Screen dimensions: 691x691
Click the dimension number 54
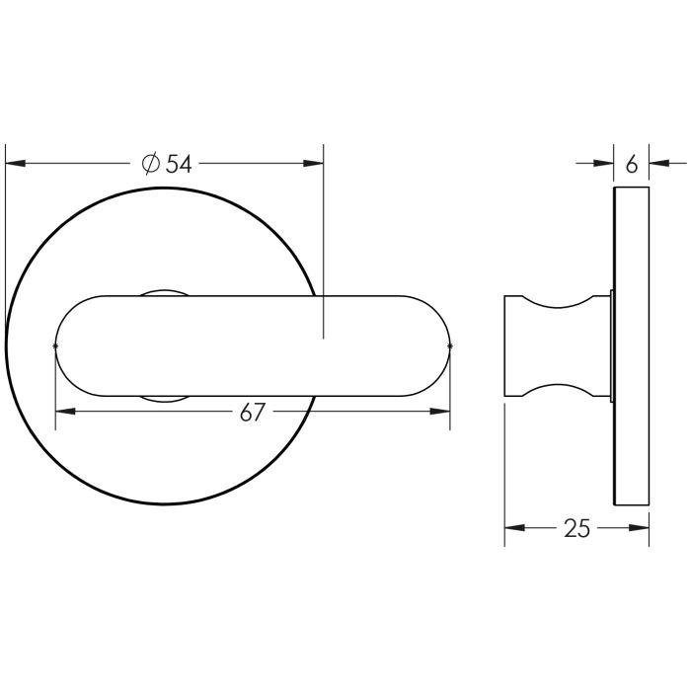[179, 164]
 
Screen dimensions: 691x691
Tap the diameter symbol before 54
[151, 164]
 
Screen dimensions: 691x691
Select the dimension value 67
[253, 413]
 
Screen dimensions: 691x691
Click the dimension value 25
[577, 529]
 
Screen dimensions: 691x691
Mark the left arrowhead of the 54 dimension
[15, 164]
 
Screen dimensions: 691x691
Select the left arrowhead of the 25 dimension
[514, 529]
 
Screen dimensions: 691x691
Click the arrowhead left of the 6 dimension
[604, 164]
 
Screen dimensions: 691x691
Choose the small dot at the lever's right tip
[450, 345]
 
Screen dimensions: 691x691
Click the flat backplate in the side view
[632, 345]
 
